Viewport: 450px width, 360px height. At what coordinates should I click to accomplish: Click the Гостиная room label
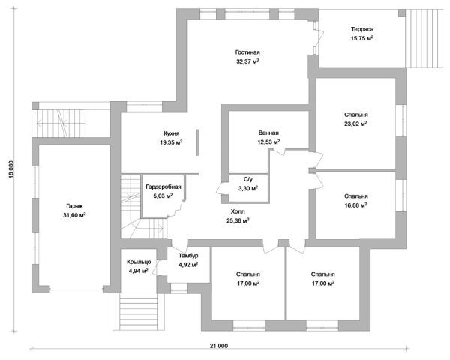(x=247, y=52)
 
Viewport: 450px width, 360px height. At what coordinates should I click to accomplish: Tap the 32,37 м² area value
(x=247, y=61)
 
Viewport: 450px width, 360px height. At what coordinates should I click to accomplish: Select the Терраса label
(x=362, y=29)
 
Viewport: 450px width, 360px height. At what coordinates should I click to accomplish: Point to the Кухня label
(x=171, y=133)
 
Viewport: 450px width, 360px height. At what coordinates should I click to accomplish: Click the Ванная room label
(x=268, y=133)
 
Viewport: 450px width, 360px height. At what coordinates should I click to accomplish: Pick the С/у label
(x=248, y=180)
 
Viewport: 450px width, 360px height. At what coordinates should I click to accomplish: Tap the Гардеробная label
(x=163, y=187)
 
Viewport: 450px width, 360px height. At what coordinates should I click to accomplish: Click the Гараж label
(x=74, y=206)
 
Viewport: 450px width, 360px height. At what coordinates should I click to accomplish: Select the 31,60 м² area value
(x=74, y=215)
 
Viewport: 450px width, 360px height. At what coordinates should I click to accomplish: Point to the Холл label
(x=238, y=211)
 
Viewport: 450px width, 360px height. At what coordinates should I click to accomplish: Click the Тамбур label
(x=188, y=256)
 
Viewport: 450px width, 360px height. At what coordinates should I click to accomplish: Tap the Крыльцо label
(x=139, y=262)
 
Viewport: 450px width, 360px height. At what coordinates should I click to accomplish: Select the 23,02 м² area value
(x=355, y=124)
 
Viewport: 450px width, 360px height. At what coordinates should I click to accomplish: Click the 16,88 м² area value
(x=355, y=205)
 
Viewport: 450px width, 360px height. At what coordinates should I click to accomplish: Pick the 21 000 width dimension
(x=219, y=346)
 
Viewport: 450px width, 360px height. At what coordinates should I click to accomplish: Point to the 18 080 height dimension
(x=11, y=169)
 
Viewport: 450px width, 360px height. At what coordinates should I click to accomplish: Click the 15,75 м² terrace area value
(x=362, y=38)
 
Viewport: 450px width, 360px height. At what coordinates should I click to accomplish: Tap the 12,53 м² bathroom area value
(x=268, y=142)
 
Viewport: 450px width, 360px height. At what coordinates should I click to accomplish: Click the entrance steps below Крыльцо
(x=139, y=311)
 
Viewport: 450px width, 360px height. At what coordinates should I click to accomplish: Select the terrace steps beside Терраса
(x=424, y=38)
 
